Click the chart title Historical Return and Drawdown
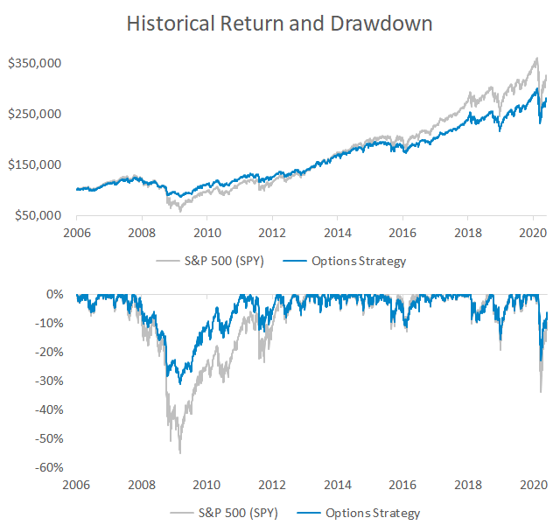pos(279,23)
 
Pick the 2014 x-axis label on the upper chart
pos(338,233)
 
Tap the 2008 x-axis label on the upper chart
pos(142,233)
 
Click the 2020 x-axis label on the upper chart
pos(533,233)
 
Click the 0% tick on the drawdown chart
pos(54,294)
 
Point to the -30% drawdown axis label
pos(49,381)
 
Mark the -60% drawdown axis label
pos(49,467)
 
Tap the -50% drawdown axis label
pos(49,438)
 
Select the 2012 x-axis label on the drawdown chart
pos(272,484)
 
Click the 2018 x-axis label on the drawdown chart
pos(468,484)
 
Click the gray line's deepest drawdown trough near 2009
pos(179,452)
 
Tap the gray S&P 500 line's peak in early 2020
pos(536,59)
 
